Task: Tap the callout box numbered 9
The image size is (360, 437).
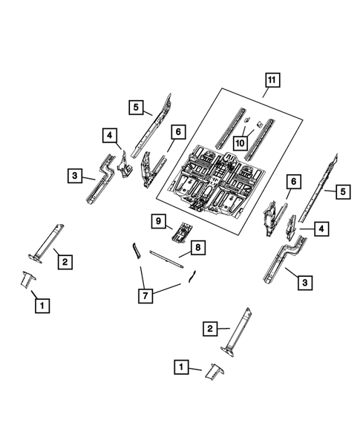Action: tap(157, 220)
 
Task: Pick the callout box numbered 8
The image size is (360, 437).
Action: tap(200, 247)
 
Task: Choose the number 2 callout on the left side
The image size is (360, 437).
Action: tap(65, 261)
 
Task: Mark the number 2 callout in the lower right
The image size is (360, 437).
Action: tap(211, 328)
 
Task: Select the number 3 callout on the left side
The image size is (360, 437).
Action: tap(75, 176)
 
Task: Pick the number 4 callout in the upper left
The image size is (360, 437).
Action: tap(109, 135)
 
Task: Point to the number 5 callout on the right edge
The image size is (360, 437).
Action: tap(343, 192)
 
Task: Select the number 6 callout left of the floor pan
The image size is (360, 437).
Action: tap(177, 132)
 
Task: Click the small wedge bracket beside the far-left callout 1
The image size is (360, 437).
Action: tap(27, 280)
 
